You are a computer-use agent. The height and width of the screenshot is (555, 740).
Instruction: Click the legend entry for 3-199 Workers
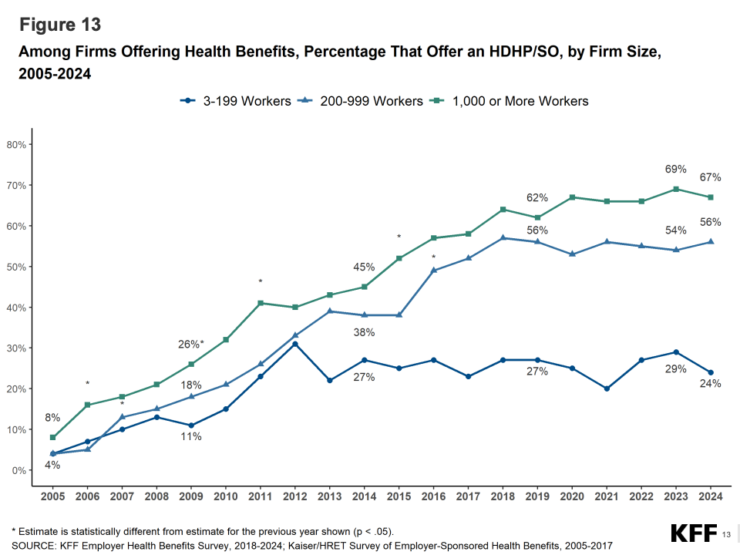pyautogui.click(x=235, y=101)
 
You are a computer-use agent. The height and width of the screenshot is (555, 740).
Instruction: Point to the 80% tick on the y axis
pyautogui.click(x=17, y=145)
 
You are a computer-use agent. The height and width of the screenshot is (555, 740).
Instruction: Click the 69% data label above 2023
pyautogui.click(x=676, y=169)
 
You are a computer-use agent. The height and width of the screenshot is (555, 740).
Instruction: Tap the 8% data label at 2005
pyautogui.click(x=52, y=418)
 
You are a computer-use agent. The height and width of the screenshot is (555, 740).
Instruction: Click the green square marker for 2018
pyautogui.click(x=503, y=210)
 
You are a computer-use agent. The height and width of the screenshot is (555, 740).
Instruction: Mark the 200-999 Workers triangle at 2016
pyautogui.click(x=435, y=270)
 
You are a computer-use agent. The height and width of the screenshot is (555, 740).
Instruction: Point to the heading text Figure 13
pyautogui.click(x=60, y=25)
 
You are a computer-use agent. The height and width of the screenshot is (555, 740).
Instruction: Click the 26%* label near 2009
pyautogui.click(x=191, y=344)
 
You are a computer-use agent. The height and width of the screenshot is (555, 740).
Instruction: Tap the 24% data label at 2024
pyautogui.click(x=710, y=384)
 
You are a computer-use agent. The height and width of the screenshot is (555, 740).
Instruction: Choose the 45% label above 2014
pyautogui.click(x=364, y=267)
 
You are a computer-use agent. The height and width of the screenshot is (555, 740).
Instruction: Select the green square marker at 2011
pyautogui.click(x=260, y=303)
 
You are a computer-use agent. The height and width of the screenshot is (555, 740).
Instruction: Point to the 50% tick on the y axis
pyautogui.click(x=17, y=267)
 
